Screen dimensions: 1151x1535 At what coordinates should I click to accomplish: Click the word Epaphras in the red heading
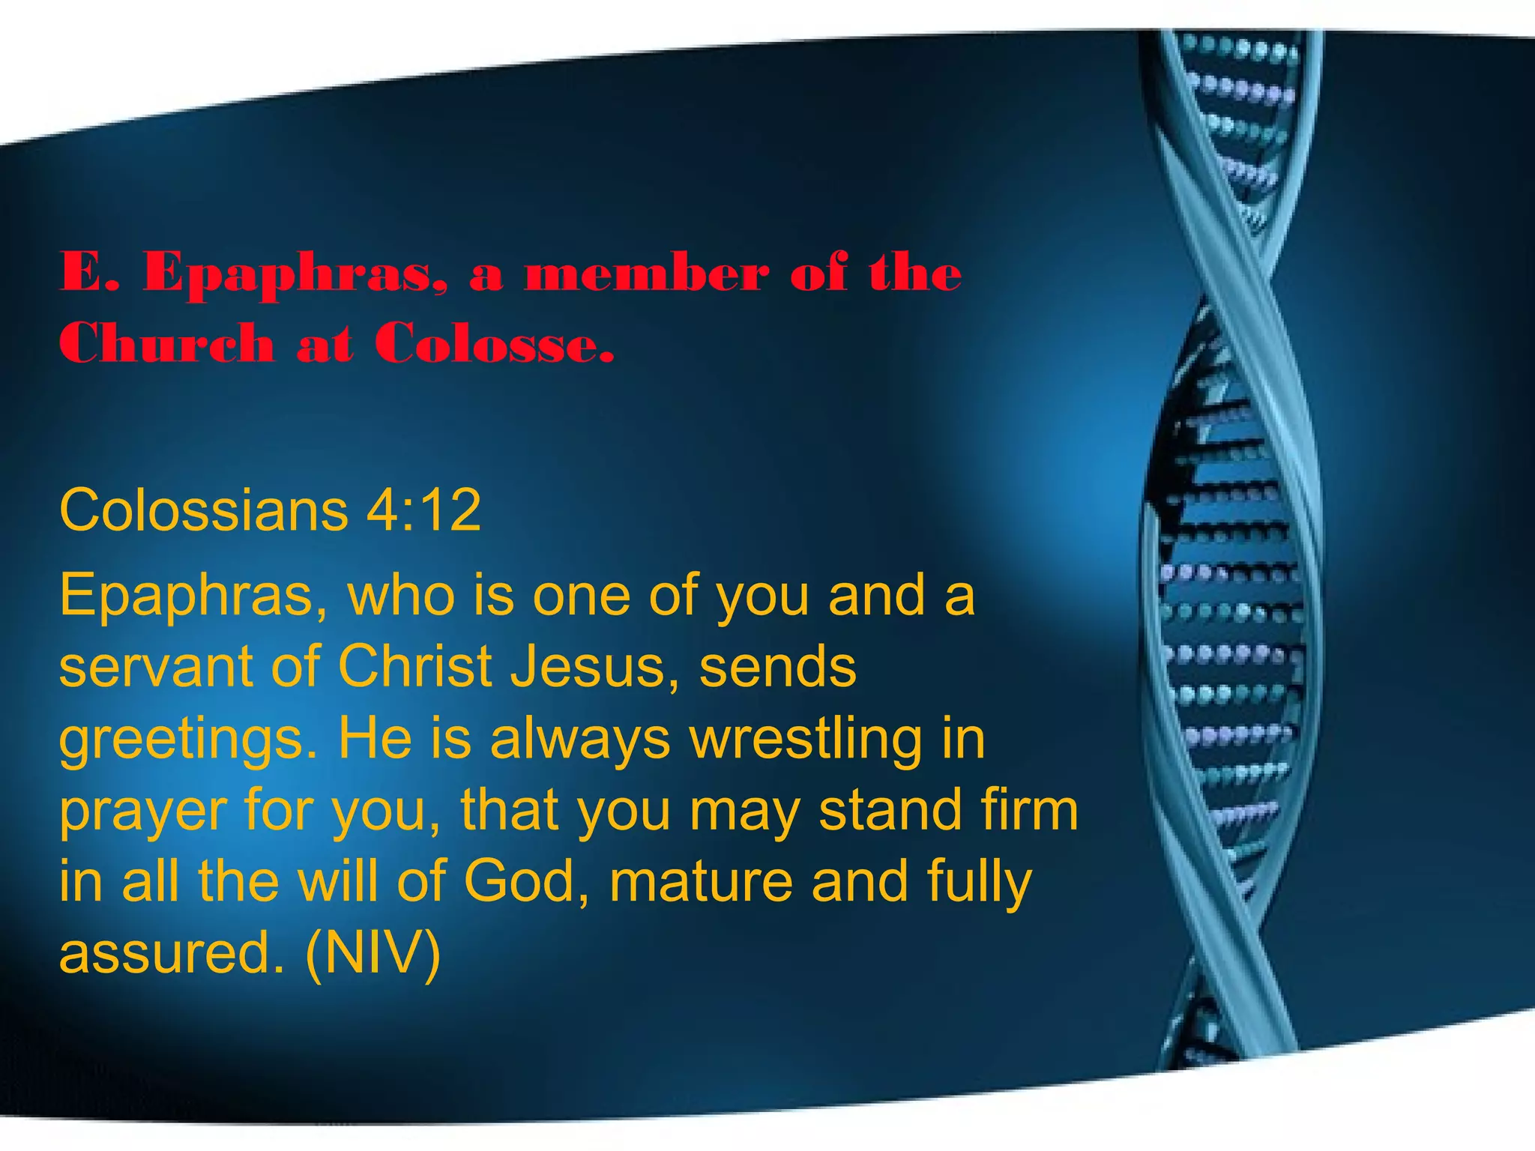tap(295, 274)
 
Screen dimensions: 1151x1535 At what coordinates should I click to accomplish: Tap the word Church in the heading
tap(166, 344)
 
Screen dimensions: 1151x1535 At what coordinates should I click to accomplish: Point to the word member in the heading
tap(647, 272)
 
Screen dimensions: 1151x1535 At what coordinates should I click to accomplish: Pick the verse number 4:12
tap(423, 510)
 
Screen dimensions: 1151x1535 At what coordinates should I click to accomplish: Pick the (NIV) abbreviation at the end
tap(373, 953)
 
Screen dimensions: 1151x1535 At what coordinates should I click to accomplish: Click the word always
tap(580, 740)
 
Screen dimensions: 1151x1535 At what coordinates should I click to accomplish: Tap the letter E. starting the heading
tap(89, 272)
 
